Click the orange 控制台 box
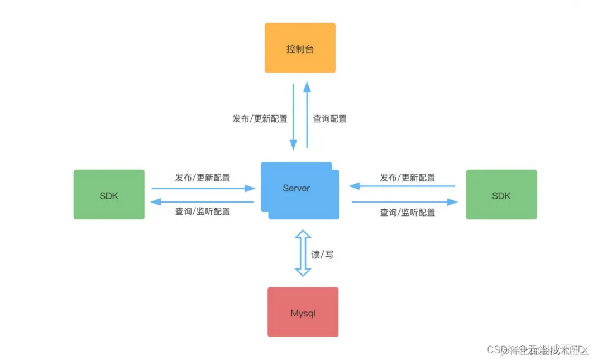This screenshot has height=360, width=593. coord(300,48)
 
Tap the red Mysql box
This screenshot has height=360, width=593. coord(303,312)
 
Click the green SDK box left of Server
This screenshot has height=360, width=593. coord(109,194)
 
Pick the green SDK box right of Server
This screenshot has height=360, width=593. coord(501,194)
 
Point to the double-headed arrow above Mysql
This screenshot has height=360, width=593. coord(303,252)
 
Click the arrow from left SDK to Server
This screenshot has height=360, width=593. coord(203,189)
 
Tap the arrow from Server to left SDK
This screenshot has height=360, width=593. coord(203,201)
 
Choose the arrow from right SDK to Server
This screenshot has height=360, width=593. coord(402,186)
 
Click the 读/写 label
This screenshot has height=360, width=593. coord(322,255)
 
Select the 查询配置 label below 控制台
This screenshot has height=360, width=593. coord(329,118)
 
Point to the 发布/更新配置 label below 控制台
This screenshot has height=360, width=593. coord(260,118)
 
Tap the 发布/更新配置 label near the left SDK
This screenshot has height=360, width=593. coord(203,177)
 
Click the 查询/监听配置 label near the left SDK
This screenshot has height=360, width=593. coord(203,212)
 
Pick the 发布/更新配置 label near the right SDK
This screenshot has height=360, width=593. coord(408,177)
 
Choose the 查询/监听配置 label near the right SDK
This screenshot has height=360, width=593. coord(408,212)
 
